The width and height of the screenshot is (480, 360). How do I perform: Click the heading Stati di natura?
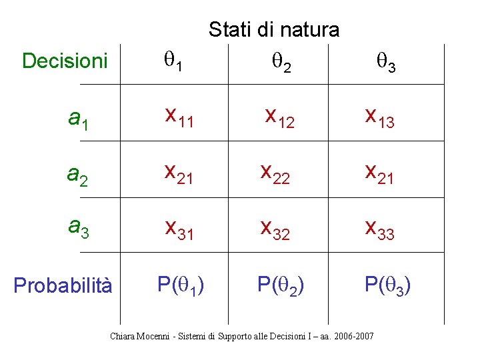pos(273,30)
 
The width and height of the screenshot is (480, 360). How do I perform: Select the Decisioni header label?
pos(65,61)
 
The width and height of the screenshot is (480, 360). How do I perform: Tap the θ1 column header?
pos(174,62)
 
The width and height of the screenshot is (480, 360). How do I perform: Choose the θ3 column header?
pos(386,63)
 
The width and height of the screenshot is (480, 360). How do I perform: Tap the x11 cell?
pos(180,117)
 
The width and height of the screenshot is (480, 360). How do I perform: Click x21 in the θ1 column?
pos(180,174)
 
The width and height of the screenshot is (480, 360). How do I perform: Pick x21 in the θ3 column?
pos(379,174)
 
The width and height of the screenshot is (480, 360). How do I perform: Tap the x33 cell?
pos(379,230)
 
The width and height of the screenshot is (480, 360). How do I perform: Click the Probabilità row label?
pos(63,285)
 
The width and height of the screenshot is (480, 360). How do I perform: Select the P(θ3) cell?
pos(387,285)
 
